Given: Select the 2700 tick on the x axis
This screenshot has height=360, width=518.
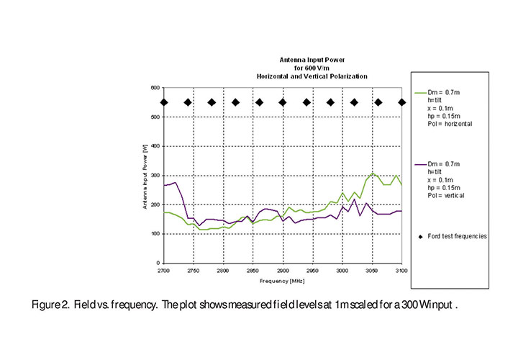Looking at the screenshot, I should pos(164,270).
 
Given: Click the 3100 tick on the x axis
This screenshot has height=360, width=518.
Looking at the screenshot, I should pos(402,270).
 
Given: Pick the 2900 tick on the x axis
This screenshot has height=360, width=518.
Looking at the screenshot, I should pos(283,270).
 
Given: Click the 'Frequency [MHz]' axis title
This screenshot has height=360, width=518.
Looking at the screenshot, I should pos(281,279).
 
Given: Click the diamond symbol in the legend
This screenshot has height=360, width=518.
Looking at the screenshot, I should pos(424,236).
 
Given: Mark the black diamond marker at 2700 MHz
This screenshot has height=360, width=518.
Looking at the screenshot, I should pos(164,102).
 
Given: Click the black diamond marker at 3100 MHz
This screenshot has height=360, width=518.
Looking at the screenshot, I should pos(402,102).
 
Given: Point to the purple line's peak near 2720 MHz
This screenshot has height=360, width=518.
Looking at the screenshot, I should pos(176,183).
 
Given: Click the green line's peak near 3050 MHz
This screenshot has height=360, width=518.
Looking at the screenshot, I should pos(373,174).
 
